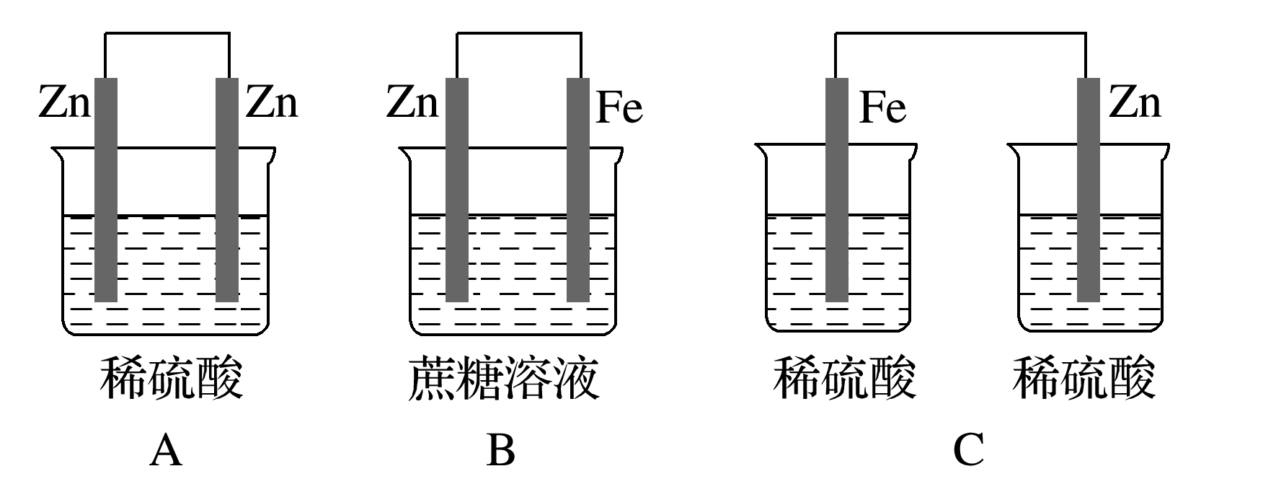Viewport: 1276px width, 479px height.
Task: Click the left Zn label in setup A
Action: click(65, 102)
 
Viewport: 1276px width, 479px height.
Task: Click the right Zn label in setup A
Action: click(272, 102)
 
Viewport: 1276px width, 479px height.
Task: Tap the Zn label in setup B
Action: click(412, 102)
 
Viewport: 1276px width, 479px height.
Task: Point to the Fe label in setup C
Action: click(883, 108)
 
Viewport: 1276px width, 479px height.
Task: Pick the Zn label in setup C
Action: click(1135, 102)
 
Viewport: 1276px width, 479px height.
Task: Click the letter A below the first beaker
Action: click(166, 452)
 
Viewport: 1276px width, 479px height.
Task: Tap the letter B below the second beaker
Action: click(501, 452)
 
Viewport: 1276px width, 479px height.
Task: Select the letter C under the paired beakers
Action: click(968, 452)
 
